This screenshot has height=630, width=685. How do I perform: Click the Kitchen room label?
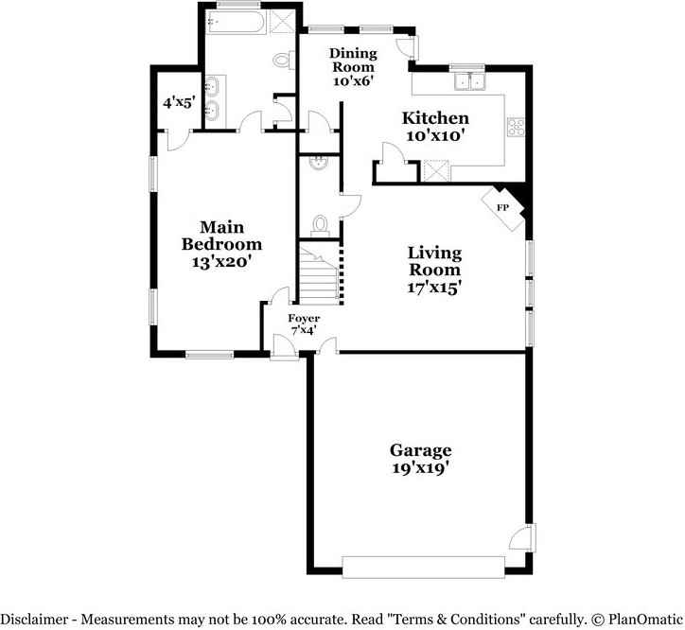coord(435,118)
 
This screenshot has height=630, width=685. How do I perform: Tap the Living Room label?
coord(434,261)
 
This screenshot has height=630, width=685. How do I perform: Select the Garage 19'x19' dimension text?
coord(420,468)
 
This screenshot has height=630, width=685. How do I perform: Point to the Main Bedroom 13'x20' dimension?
coord(221,262)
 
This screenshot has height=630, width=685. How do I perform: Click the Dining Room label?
coord(353,60)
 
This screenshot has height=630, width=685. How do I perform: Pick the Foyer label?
coord(304,318)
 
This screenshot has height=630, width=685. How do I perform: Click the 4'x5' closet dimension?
coord(179,103)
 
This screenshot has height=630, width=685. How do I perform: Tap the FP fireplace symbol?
coord(502,208)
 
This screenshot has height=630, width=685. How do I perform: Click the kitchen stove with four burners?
coord(516,127)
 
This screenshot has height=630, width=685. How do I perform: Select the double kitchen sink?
coord(469,81)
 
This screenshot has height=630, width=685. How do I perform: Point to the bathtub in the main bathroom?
coord(235,22)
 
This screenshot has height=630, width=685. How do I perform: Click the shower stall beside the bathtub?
coord(283,22)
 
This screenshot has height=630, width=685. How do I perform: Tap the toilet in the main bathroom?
coord(284,60)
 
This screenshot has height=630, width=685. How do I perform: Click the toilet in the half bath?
coord(320,225)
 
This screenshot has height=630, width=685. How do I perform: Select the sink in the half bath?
coord(318,163)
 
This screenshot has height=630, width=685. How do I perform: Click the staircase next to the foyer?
coord(319,275)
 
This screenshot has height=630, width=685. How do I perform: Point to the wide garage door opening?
coord(423,567)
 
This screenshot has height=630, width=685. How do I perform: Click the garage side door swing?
coord(522,538)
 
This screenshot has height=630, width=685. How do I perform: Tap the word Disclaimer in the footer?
coord(34,620)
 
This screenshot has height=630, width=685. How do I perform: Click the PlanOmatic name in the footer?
coord(645,620)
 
